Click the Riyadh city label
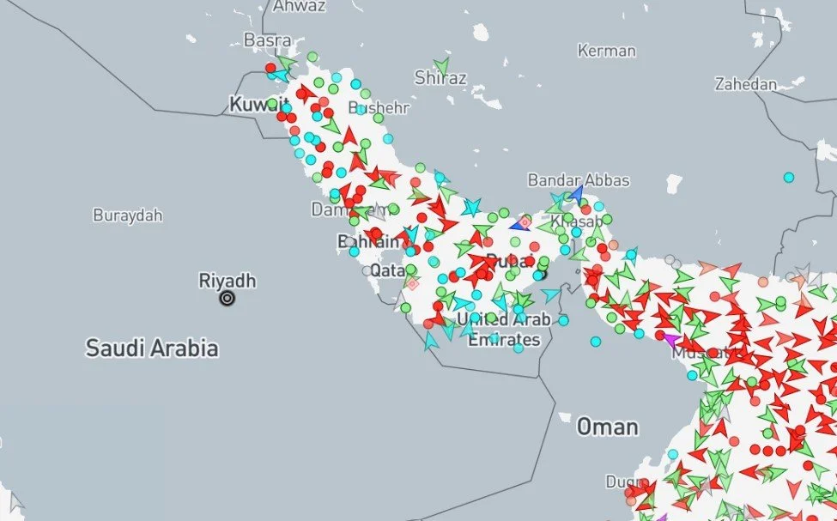[x=227, y=281]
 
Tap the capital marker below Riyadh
[x=227, y=299]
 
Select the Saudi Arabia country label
[x=151, y=348]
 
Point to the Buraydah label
[x=127, y=215]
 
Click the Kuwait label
[x=250, y=105]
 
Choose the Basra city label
[x=267, y=39]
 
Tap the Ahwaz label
[x=299, y=6]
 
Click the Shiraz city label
[x=440, y=78]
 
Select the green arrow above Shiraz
[x=442, y=64]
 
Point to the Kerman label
[x=606, y=51]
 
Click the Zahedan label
[x=745, y=84]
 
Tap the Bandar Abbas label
[x=578, y=180]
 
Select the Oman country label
[x=607, y=427]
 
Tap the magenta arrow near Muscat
[x=669, y=340]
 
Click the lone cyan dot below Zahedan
[x=788, y=178]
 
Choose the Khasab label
[x=571, y=221]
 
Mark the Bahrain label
[x=368, y=242]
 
